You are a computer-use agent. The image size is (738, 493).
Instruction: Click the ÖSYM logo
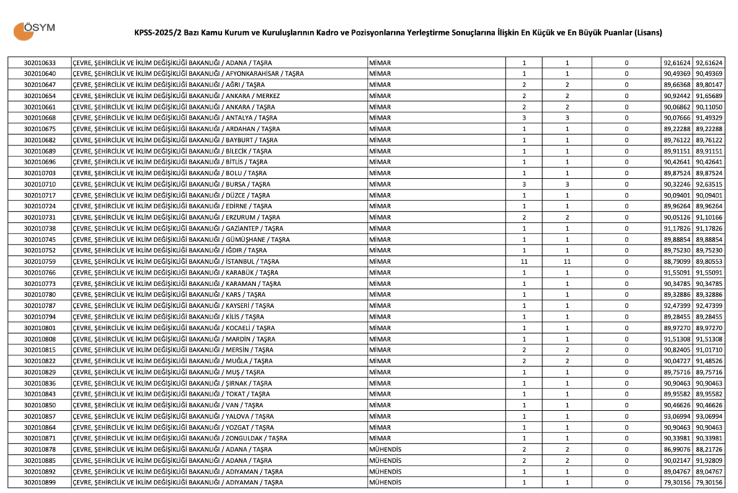coord(34,30)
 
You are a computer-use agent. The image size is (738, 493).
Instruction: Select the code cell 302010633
coord(40,63)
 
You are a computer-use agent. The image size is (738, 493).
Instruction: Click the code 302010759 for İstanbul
coord(40,261)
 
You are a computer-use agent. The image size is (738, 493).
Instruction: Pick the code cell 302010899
coord(40,482)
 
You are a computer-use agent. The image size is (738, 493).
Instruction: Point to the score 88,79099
coord(677,261)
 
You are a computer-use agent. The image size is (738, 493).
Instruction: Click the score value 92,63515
coord(709,184)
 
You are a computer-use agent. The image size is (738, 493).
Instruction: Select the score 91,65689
coord(709,96)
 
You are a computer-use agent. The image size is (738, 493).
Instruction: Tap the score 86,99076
coord(677,449)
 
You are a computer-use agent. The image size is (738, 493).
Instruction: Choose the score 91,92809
coord(709,460)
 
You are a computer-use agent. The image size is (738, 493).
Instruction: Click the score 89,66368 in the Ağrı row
coord(677,84)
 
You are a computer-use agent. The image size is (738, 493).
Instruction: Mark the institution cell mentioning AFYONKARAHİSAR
coord(188,74)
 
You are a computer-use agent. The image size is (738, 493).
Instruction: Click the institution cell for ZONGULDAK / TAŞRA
coord(180,438)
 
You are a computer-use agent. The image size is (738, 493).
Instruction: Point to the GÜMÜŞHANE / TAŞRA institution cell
coord(182,239)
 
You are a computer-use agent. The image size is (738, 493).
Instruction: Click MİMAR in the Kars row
coord(379,294)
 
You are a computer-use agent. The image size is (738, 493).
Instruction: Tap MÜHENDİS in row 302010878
coord(385,449)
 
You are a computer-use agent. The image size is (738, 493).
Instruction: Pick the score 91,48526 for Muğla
coord(709,360)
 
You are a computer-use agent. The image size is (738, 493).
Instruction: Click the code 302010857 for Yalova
coord(40,416)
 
